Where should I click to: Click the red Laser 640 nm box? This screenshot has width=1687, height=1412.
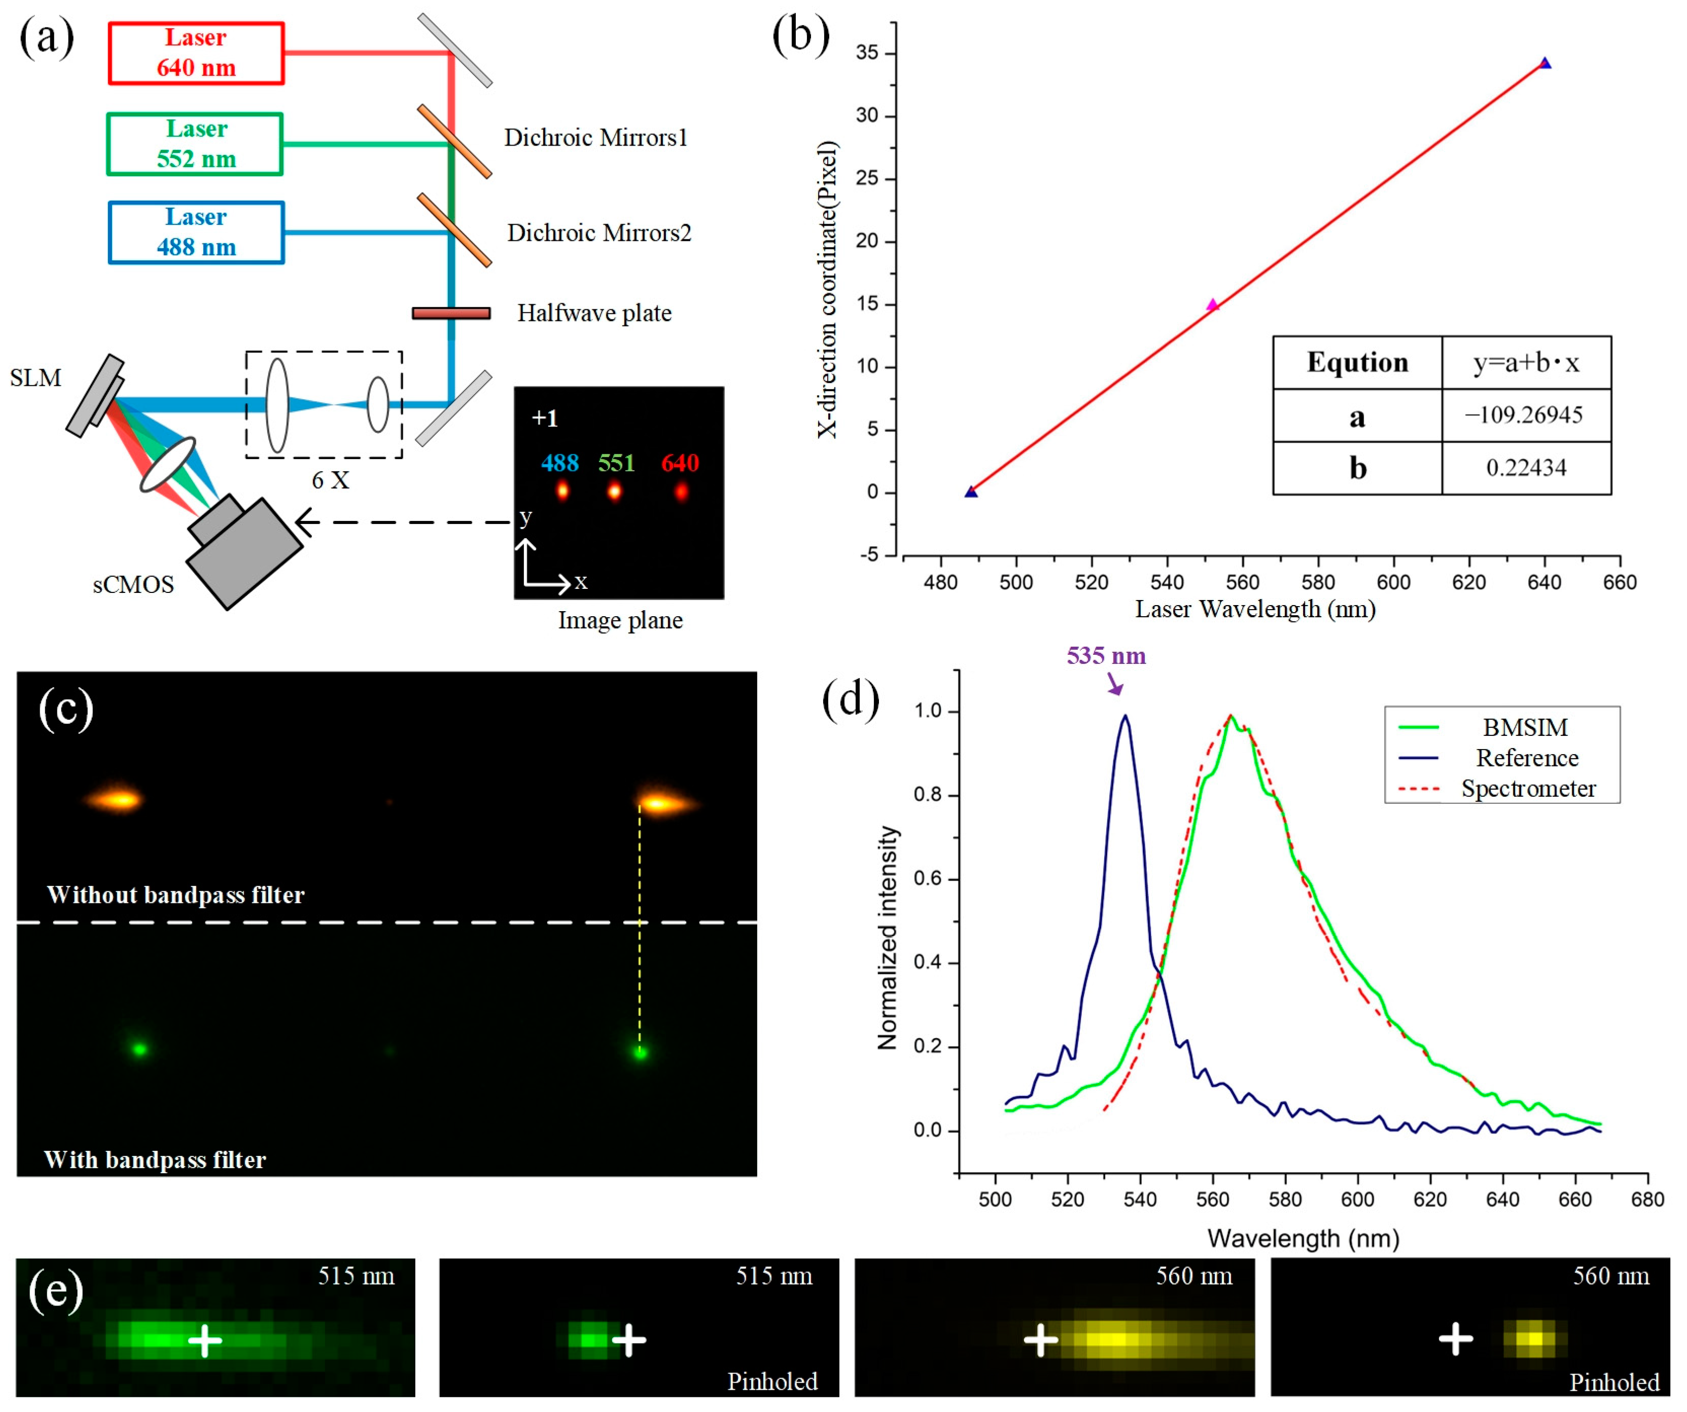[x=196, y=53]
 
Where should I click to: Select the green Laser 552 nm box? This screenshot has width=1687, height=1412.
[x=195, y=144]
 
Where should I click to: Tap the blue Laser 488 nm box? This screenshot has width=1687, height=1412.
[x=196, y=232]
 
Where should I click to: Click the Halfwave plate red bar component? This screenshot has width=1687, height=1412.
[x=451, y=313]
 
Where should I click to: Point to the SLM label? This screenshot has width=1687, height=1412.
[x=36, y=377]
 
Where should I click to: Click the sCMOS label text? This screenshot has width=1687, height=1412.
[x=133, y=585]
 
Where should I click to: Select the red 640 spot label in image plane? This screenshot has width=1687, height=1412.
[x=680, y=464]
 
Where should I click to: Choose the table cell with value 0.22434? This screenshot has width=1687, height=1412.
[x=1526, y=468]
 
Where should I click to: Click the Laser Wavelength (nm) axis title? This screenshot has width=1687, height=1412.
[x=1255, y=610]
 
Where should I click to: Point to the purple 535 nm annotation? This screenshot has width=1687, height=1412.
[x=1106, y=656]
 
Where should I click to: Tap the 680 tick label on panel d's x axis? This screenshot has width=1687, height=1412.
[x=1647, y=1200]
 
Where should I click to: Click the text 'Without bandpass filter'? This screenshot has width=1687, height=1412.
[x=176, y=895]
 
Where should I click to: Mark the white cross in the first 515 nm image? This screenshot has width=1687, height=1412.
[x=205, y=1340]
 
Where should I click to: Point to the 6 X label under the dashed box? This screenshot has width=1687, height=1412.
[x=330, y=480]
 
